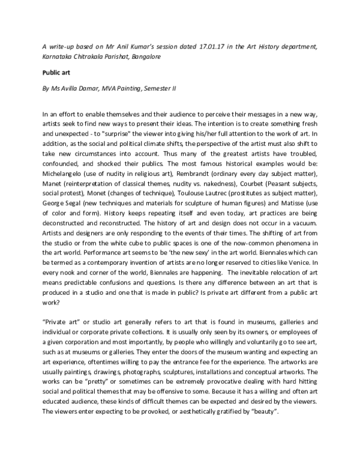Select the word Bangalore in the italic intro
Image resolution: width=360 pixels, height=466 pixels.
tap(145, 56)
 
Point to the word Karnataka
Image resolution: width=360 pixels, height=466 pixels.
tap(59, 56)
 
